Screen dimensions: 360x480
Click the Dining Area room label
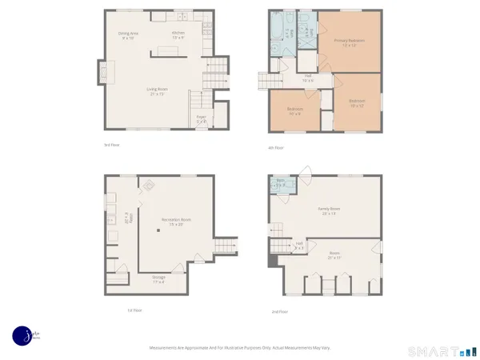[x=130, y=34]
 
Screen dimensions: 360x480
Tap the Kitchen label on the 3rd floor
[x=178, y=34]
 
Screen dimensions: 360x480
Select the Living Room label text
[x=156, y=90]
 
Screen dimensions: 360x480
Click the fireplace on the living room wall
[x=105, y=73]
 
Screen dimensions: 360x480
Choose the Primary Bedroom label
[x=349, y=41]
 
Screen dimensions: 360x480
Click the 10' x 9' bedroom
[x=294, y=111]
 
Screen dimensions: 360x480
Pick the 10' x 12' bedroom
[x=357, y=102]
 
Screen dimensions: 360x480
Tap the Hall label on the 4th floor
[x=307, y=77]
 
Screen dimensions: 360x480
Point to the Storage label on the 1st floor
[x=159, y=278]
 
